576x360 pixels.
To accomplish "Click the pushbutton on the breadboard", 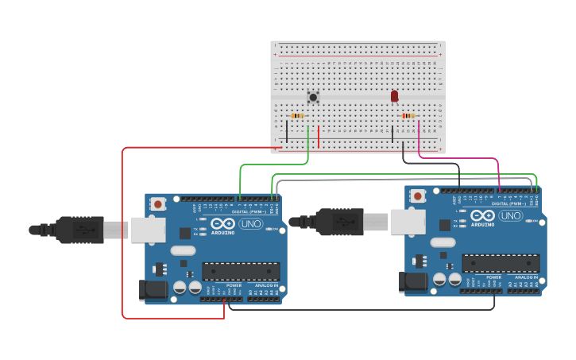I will click(x=313, y=98).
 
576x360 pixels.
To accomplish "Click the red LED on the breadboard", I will click(x=394, y=96).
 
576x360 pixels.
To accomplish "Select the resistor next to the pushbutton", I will click(x=298, y=116).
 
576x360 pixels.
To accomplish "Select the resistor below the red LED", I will click(x=408, y=116).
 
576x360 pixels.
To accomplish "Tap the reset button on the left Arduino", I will click(x=159, y=203).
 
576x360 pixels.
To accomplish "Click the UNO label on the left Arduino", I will click(x=251, y=223).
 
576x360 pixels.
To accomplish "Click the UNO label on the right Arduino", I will click(x=510, y=215).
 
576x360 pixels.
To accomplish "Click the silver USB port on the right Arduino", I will click(x=407, y=223).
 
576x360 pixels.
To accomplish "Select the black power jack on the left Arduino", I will click(x=153, y=291).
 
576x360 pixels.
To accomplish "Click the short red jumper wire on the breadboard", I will click(x=319, y=137).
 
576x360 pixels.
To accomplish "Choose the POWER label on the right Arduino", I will click(x=493, y=277).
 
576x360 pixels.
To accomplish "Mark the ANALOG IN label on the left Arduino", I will click(x=266, y=285).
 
